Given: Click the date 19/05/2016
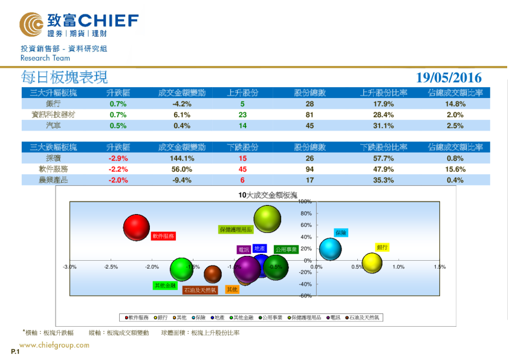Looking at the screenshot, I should (449, 78).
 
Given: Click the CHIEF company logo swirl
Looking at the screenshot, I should (30, 25).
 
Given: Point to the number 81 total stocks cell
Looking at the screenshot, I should (310, 115).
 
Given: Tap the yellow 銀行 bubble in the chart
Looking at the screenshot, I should (372, 263).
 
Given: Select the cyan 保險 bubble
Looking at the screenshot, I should (330, 249).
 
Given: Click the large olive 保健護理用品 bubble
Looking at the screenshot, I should (267, 218).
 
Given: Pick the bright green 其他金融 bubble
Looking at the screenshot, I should (181, 270).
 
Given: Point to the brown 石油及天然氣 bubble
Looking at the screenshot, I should (212, 274).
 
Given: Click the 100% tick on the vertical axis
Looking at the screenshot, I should (304, 201).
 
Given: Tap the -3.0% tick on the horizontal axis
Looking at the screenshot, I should (70, 267).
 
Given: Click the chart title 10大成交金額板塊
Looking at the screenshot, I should (267, 195).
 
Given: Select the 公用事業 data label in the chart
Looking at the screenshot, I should (285, 249).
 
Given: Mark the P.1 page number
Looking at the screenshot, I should (15, 352).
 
